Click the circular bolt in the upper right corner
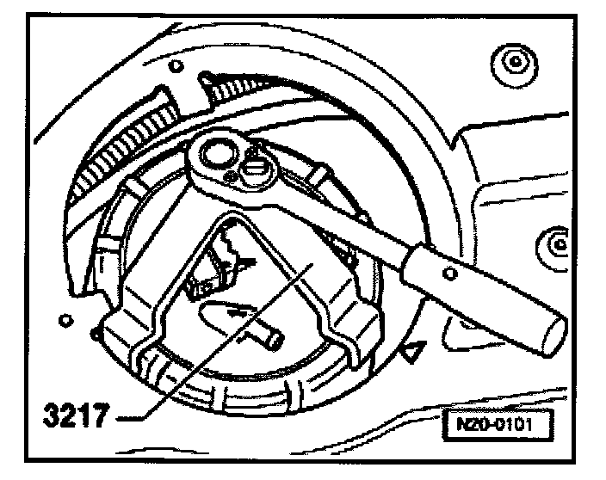coord(513,62)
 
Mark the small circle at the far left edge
coord(63,321)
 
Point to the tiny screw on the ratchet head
coord(230,177)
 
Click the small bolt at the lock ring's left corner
coord(96,329)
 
